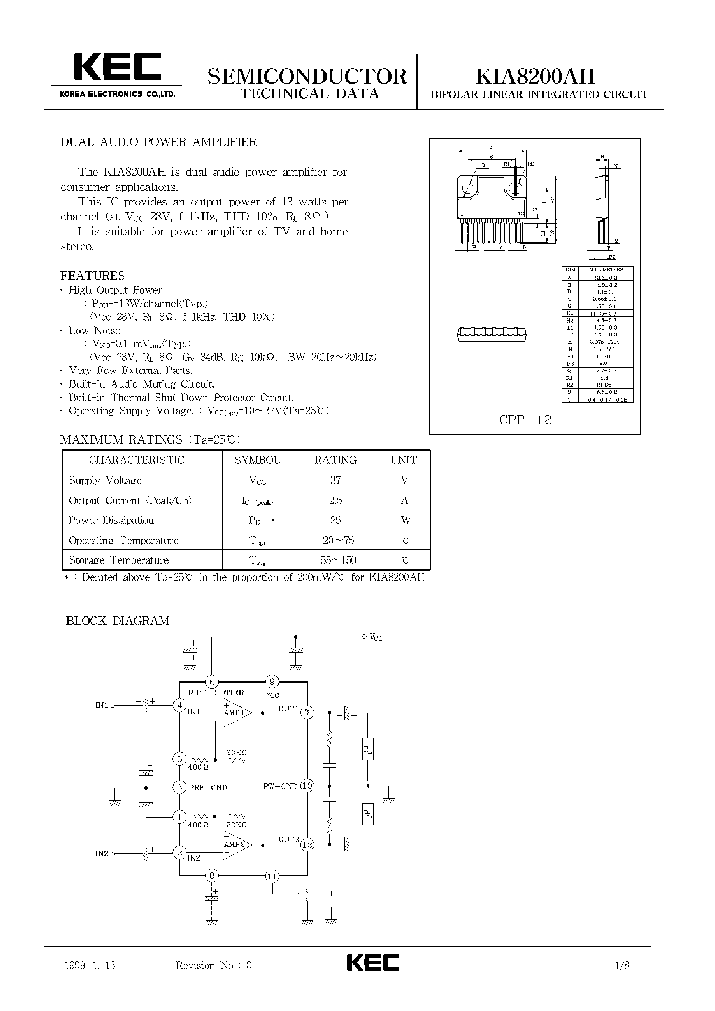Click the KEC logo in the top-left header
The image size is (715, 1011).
tap(117, 68)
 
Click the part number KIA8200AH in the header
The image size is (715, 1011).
tap(535, 77)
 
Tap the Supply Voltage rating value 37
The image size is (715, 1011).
tap(336, 480)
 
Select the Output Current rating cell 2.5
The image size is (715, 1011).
tap(336, 500)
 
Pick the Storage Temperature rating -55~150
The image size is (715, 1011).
tap(336, 560)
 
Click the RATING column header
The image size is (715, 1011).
tap(336, 460)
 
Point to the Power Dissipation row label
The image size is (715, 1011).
tap(111, 520)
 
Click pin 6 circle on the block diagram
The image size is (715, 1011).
tap(212, 682)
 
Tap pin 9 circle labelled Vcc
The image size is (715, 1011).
tap(272, 682)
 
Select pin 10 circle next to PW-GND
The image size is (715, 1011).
tap(307, 786)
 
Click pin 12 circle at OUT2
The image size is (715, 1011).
tap(307, 844)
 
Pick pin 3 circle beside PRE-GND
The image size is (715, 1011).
tap(179, 787)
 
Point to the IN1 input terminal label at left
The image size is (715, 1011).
tap(102, 705)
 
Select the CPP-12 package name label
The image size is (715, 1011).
tap(525, 420)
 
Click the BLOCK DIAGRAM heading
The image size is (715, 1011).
tap(117, 621)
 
